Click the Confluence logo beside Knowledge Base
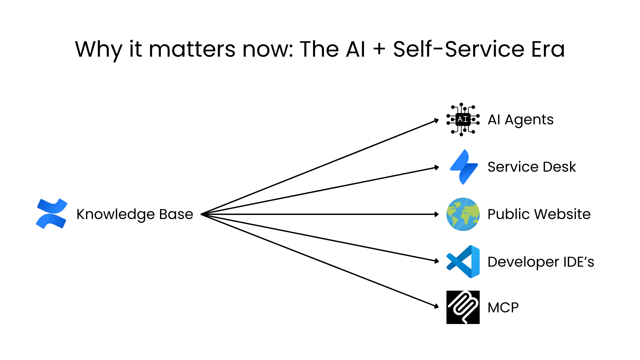52,214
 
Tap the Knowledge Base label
135,214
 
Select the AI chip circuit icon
463,119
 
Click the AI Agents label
520,120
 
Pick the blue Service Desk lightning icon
464,167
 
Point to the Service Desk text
532,167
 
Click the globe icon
463,214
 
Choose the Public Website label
539,214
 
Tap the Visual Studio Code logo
463,262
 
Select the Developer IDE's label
541,262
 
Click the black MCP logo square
463,307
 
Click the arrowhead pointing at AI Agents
437,121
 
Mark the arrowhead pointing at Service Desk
437,167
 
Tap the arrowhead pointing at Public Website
437,214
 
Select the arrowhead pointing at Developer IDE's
437,261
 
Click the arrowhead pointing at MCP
437,306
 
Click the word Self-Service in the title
459,49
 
